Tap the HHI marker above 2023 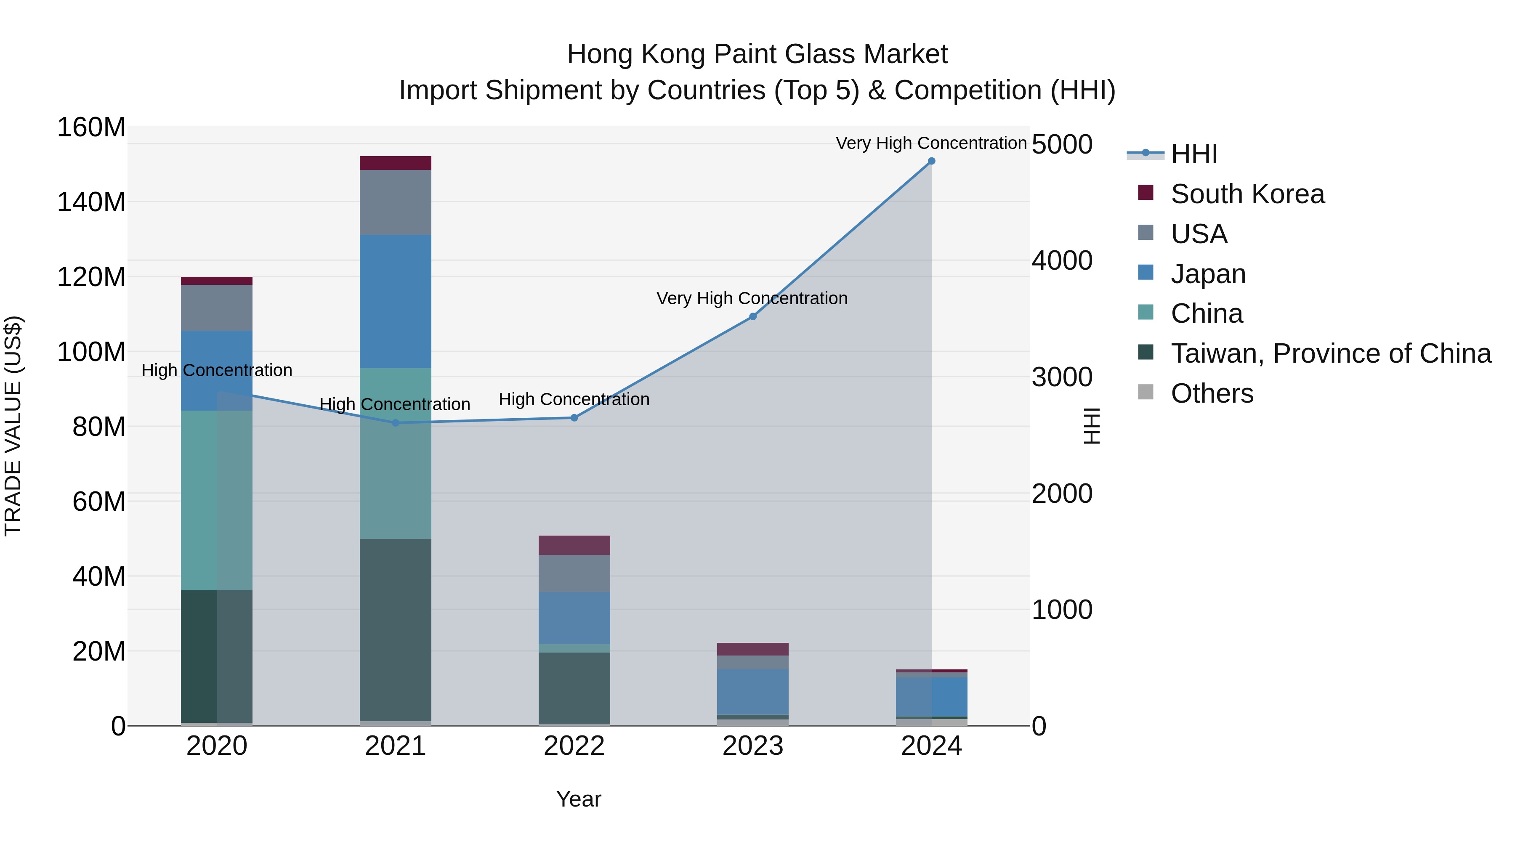753,316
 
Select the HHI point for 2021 395,423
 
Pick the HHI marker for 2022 574,418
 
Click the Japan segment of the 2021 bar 395,301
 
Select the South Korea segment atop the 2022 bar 574,545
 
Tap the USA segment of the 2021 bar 395,202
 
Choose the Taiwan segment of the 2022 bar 574,687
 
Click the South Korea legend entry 1247,194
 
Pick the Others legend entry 1212,393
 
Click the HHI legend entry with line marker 1193,154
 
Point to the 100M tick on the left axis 91,352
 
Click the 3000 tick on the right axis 1062,377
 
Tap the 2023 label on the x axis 753,746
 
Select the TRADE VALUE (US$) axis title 13,426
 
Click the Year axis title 579,799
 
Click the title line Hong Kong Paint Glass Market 757,54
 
